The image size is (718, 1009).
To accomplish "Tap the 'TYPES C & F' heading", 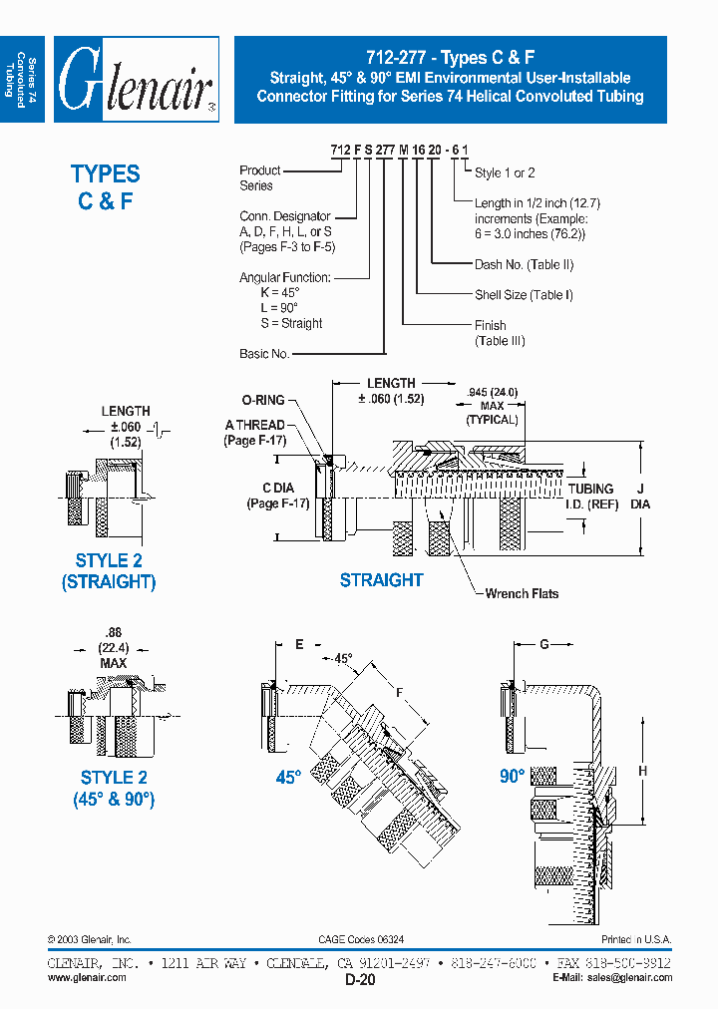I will coord(105,186).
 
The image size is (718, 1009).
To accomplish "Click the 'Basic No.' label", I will coord(264,354).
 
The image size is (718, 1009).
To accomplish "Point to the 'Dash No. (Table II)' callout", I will coord(524,265).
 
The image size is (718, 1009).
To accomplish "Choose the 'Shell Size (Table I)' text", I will coord(525,295).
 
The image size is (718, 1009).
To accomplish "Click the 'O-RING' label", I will coord(262,400).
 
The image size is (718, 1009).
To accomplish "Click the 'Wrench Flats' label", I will coord(522,594).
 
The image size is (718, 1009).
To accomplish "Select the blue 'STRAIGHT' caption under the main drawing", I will coord(381,580).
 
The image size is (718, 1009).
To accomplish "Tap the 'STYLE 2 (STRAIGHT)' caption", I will coord(109,571).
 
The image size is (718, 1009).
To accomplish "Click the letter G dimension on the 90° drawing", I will coord(544,645).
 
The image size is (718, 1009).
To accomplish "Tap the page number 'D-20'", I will coord(360,980).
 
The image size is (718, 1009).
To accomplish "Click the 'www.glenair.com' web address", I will coord(87,978).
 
